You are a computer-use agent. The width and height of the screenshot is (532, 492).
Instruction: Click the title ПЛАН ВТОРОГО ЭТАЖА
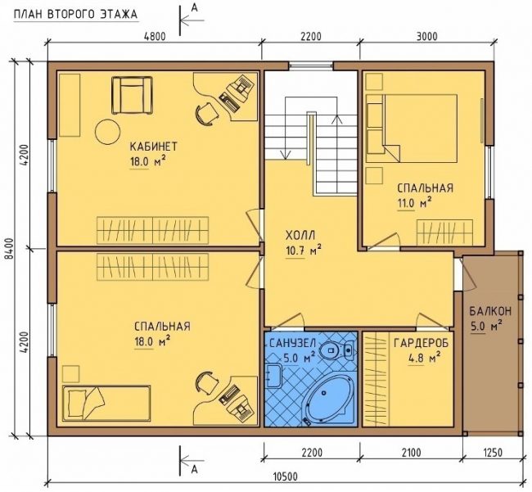(75, 14)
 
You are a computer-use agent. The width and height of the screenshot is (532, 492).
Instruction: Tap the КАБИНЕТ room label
(153, 147)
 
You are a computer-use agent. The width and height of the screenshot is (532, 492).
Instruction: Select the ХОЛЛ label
(300, 235)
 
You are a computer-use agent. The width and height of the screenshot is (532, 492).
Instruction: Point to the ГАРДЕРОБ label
(421, 343)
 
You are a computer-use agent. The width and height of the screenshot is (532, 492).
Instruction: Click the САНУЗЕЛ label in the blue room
(292, 343)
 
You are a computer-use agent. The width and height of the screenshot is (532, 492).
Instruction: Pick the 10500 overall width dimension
(285, 477)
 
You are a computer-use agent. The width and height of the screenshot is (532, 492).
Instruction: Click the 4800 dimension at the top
(155, 36)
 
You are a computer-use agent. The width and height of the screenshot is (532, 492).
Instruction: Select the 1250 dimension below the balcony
(491, 453)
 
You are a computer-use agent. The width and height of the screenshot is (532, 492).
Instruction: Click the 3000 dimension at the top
(426, 36)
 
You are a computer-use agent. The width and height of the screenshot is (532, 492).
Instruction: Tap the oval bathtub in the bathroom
(324, 399)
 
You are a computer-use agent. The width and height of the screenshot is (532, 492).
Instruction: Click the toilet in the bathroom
(334, 350)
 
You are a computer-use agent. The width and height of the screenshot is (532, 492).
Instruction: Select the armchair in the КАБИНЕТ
(133, 95)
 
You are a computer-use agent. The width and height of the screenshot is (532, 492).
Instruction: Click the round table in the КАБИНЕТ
(108, 132)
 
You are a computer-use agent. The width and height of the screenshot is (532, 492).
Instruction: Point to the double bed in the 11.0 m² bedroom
(412, 129)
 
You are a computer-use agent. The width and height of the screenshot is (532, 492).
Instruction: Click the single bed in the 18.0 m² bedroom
(106, 403)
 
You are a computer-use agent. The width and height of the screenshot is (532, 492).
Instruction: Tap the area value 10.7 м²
(303, 251)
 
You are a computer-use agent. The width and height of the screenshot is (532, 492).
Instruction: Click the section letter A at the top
(194, 7)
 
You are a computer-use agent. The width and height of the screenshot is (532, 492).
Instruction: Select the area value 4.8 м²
(424, 358)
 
